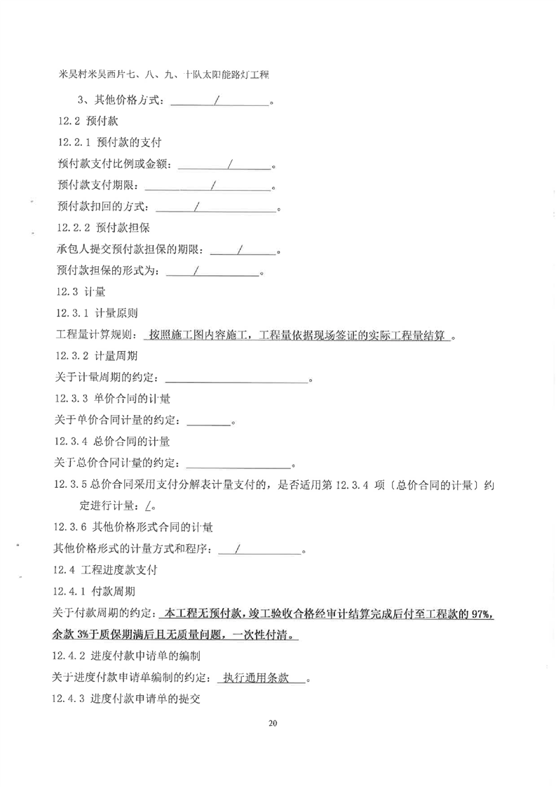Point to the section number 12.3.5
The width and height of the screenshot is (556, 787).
point(72,485)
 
